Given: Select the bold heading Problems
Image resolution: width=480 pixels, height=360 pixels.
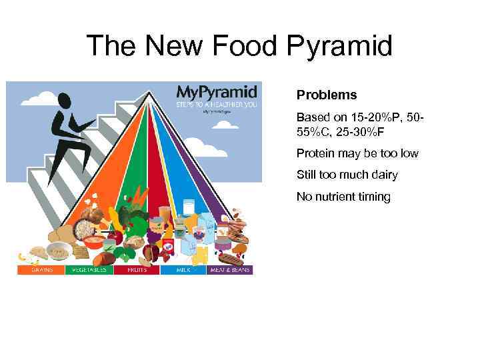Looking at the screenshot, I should click(327, 95).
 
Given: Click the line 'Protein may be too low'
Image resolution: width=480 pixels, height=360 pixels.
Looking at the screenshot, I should click(357, 153).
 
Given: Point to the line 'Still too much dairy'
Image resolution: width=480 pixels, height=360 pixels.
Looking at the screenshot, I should click(347, 175).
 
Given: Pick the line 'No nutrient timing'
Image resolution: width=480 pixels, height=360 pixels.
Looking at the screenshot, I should click(343, 197).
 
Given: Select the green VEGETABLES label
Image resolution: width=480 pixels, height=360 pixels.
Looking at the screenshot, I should click(88, 270).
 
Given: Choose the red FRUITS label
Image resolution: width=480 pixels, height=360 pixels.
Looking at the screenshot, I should click(136, 270).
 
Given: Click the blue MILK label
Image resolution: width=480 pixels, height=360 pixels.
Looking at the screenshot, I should click(183, 270).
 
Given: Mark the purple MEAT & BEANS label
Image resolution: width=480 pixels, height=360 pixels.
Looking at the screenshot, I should click(230, 270).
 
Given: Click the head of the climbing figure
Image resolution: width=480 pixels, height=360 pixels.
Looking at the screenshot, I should click(65, 101).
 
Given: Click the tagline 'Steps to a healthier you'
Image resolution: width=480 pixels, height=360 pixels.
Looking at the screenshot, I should click(215, 104).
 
